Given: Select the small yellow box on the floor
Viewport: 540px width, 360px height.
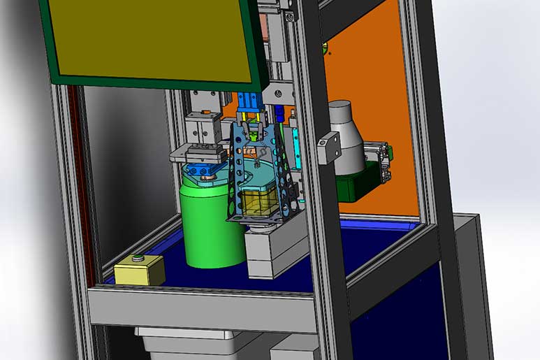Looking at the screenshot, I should [139, 271].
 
